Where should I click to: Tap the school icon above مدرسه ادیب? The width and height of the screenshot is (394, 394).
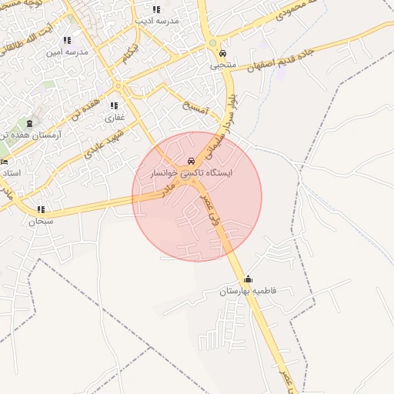coord(157,10)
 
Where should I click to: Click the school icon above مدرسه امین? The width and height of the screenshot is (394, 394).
coord(68,40)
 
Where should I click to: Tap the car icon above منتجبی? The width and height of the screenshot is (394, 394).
coord(222,55)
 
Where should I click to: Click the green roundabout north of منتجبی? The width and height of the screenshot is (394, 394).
coord(212,43)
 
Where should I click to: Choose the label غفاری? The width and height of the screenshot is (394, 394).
coord(114,118)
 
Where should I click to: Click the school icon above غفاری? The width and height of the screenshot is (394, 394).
coord(114,106)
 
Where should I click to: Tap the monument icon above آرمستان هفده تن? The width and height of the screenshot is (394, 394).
coord(30,123)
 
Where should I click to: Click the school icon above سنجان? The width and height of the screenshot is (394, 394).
coord(41,209)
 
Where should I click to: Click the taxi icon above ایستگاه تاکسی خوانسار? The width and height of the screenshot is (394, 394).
coord(191,161)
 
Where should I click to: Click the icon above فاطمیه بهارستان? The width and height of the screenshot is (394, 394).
coord(248,279)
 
